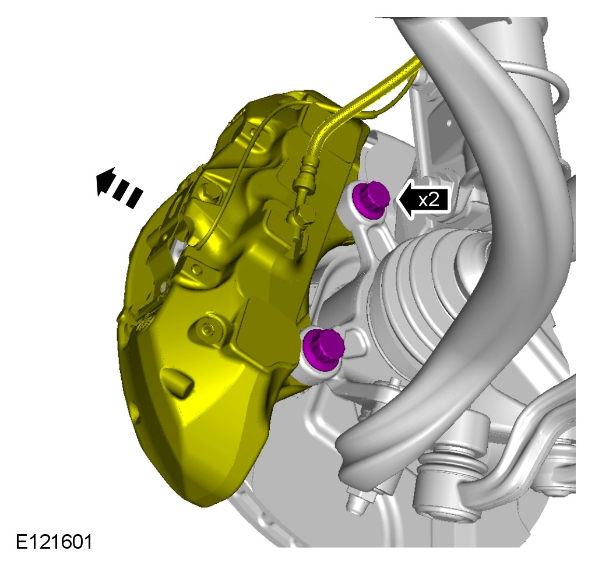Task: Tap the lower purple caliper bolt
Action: [323, 348]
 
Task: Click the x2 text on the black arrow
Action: [428, 200]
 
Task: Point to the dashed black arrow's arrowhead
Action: [106, 181]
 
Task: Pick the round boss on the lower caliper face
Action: [207, 327]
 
